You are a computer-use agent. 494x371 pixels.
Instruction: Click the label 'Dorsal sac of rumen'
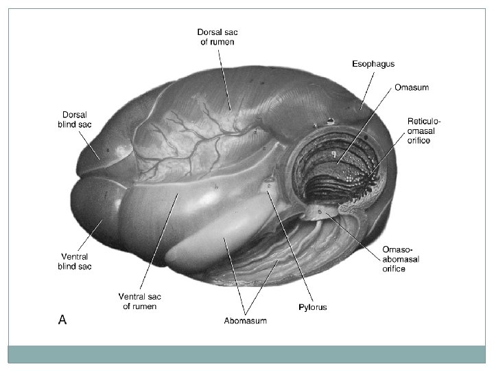point(217,36)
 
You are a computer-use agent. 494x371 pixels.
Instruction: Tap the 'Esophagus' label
point(373,64)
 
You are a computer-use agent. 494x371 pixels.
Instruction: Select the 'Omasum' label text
point(412,87)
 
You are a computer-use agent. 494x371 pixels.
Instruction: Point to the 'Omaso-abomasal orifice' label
point(401,259)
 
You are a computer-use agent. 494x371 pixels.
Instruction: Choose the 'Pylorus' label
point(311,307)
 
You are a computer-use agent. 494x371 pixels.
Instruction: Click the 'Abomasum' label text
point(245,320)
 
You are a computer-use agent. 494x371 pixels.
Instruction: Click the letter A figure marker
point(62,319)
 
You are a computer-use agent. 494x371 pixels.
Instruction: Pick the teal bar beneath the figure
point(246,354)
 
